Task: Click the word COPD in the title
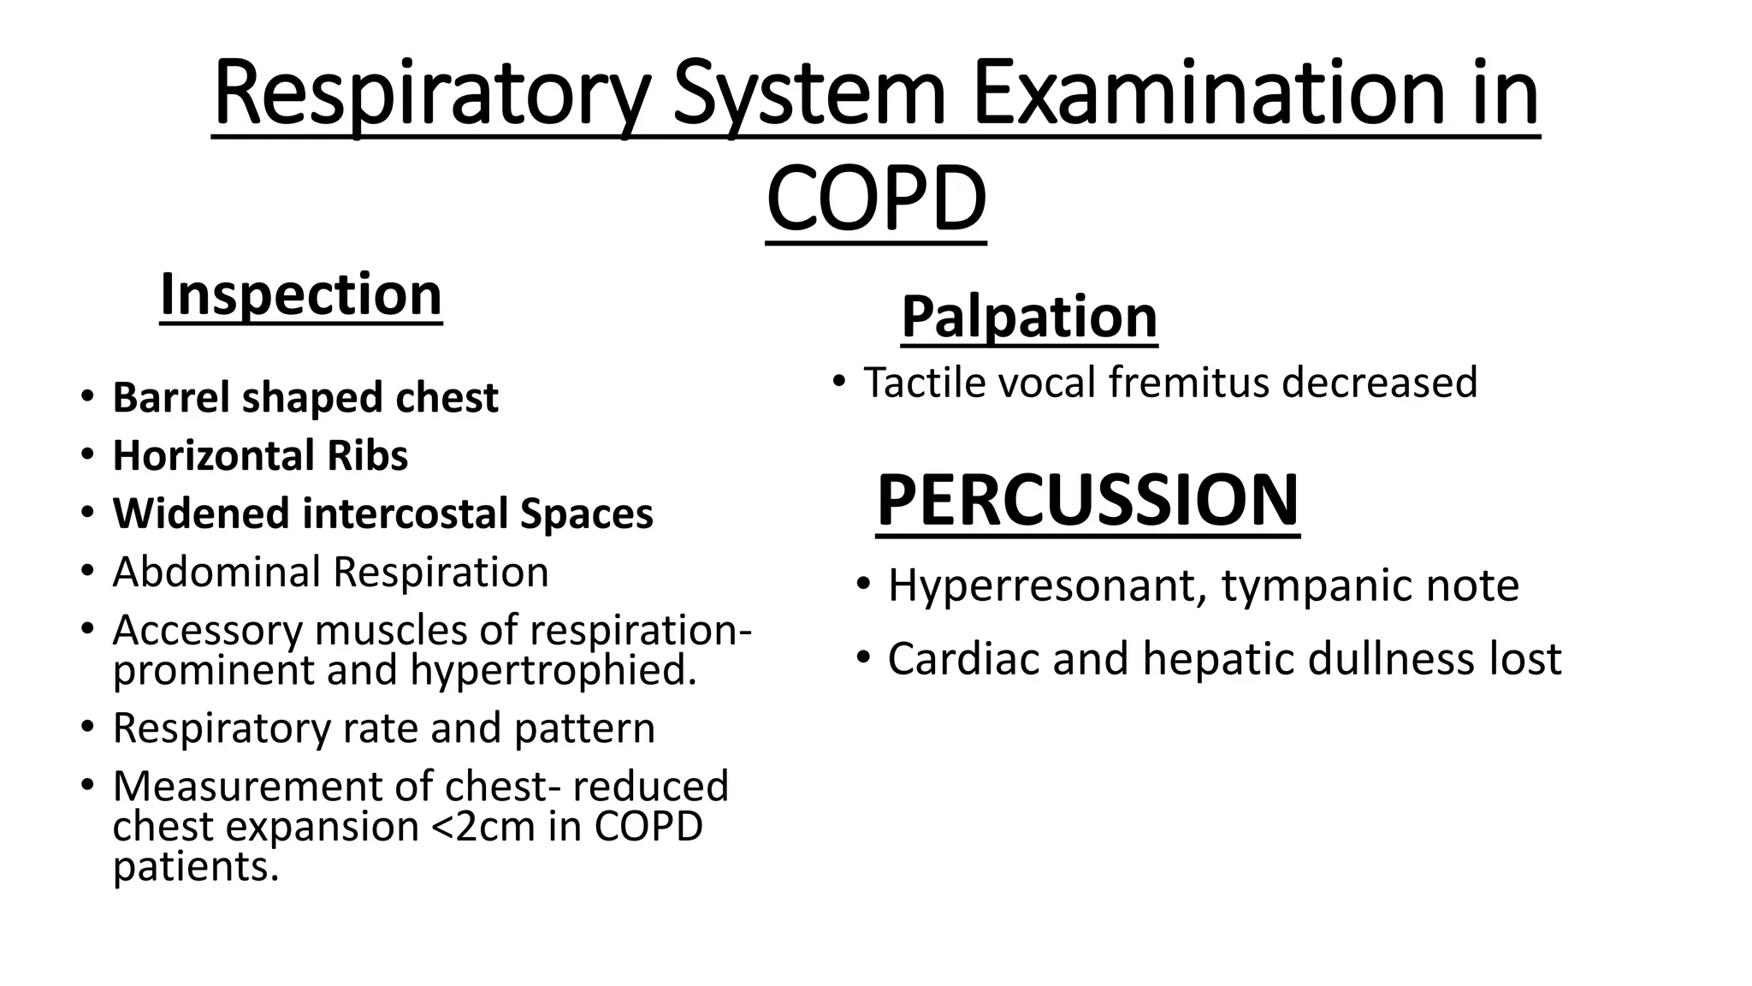(x=876, y=200)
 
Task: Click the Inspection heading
(x=301, y=294)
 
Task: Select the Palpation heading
(x=1029, y=317)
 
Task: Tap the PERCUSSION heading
(x=1087, y=501)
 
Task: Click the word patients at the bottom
(x=196, y=867)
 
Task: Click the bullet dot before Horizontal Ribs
(x=87, y=454)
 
